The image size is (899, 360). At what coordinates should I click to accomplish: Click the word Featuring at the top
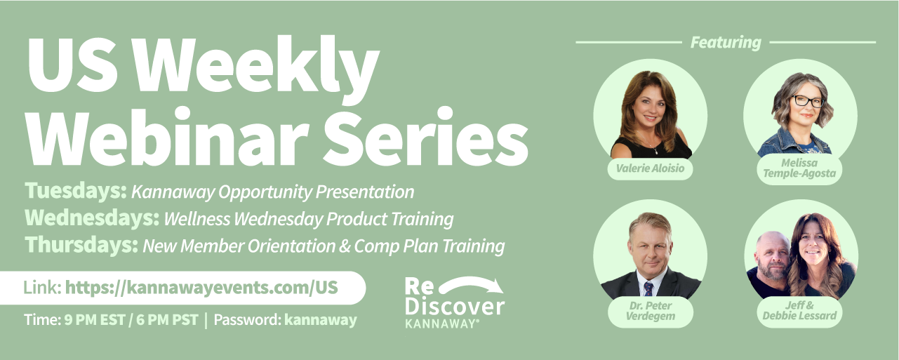(x=726, y=43)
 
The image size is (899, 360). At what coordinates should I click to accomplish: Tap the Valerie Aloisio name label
(x=650, y=168)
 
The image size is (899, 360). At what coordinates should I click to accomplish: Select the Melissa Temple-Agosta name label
(x=799, y=168)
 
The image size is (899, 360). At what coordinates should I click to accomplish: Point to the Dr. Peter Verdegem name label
(x=650, y=312)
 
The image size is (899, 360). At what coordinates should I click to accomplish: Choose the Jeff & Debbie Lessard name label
(x=799, y=312)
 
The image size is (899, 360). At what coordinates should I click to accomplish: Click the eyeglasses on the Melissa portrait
(x=807, y=101)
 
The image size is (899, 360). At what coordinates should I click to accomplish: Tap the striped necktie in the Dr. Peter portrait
(x=648, y=288)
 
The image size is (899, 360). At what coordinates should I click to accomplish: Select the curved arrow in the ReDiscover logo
(x=472, y=285)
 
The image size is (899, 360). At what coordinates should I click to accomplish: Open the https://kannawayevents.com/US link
(x=201, y=288)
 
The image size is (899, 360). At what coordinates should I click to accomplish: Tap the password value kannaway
(x=320, y=320)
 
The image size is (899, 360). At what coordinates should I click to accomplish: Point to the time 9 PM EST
(x=95, y=320)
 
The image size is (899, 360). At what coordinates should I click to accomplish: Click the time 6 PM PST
(x=167, y=320)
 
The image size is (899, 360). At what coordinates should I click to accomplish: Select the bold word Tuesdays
(x=76, y=191)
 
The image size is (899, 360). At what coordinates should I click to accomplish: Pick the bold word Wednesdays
(x=92, y=218)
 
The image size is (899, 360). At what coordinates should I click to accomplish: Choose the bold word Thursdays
(x=81, y=245)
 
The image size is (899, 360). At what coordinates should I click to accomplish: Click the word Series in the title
(x=426, y=136)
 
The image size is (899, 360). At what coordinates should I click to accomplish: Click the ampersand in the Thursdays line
(x=345, y=246)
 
